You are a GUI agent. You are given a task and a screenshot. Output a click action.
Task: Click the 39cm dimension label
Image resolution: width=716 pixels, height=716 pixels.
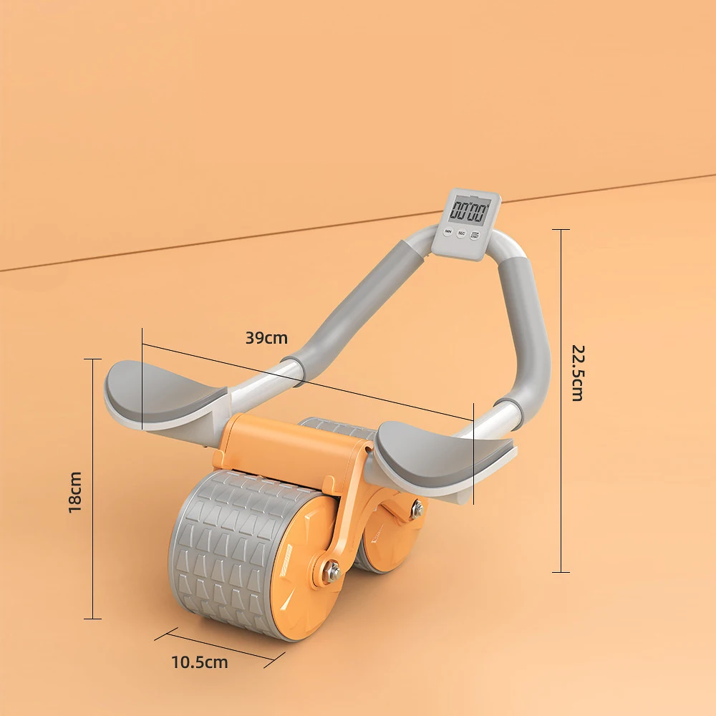[266, 338]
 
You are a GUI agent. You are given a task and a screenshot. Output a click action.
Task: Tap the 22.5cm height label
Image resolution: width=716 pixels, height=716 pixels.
[577, 372]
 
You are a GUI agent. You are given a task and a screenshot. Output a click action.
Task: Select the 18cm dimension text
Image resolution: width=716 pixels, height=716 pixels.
[75, 491]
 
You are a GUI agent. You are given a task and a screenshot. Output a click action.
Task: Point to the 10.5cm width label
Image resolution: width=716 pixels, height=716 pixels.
[200, 662]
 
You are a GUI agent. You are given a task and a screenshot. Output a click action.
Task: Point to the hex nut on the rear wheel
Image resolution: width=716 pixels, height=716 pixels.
[416, 510]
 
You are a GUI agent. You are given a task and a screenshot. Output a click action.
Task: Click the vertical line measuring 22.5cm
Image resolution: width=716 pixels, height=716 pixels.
[561, 401]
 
